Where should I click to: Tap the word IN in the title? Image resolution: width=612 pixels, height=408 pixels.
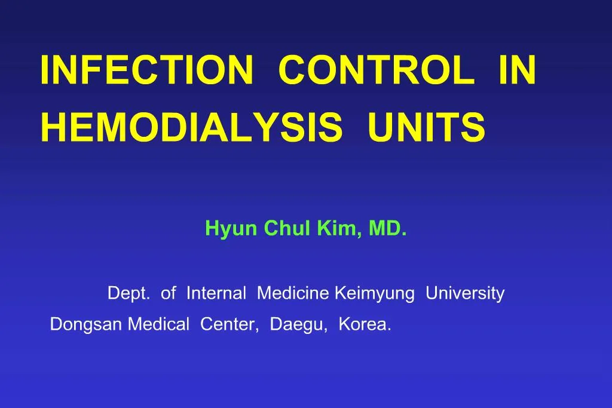coord(517,70)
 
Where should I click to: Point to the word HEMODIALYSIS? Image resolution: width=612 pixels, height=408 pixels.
coord(191,127)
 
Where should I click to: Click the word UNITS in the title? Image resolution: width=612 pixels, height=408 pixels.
coord(426,127)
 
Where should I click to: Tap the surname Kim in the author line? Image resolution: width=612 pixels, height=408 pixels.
coord(339,228)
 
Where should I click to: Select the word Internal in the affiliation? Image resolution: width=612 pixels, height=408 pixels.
coord(216,293)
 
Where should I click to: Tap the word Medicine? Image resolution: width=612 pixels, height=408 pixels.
coord(293,293)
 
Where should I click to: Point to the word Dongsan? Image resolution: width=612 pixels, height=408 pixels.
coord(87,325)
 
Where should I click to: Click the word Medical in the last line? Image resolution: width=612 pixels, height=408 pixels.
coord(160,324)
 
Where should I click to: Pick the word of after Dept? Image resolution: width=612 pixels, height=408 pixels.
coord(169,293)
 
